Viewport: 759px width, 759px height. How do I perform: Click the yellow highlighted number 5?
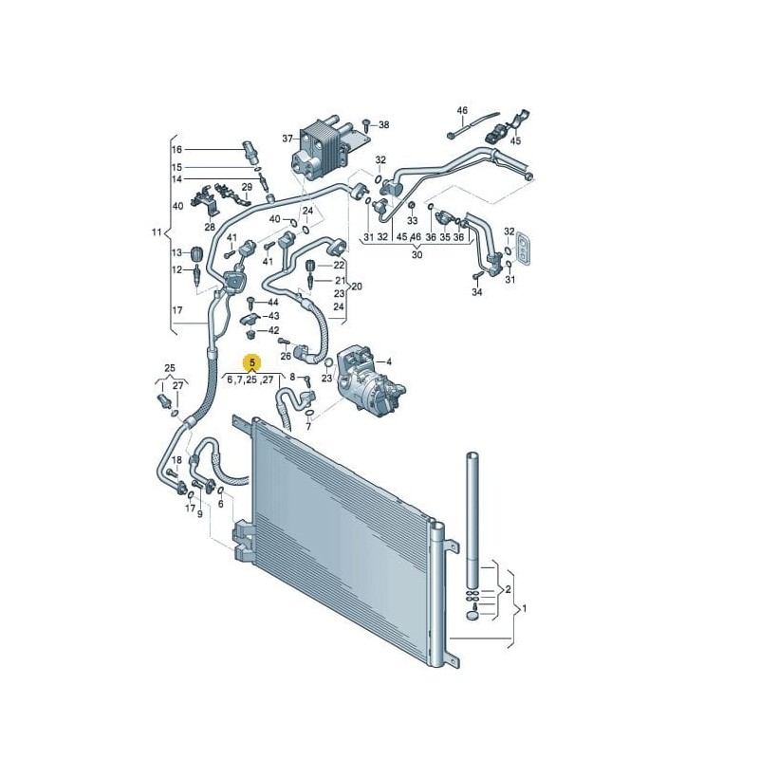tap(252, 362)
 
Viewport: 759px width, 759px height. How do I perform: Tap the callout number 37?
tap(287, 139)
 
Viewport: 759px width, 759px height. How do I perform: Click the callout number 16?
tap(176, 150)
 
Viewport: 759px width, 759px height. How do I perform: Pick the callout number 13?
tap(176, 252)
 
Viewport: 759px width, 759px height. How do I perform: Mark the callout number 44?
tap(273, 302)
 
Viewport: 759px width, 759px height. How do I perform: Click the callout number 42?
tap(273, 330)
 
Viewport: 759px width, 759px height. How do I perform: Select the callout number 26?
tap(286, 356)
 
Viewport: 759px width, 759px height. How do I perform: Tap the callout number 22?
tap(339, 265)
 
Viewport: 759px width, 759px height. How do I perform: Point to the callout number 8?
tap(293, 378)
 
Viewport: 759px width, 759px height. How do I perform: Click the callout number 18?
tap(176, 459)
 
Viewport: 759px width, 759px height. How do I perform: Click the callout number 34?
tap(477, 292)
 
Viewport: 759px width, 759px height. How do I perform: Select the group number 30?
tap(417, 254)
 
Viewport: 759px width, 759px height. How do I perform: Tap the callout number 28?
tap(210, 228)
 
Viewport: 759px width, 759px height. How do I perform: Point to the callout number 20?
tap(358, 286)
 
